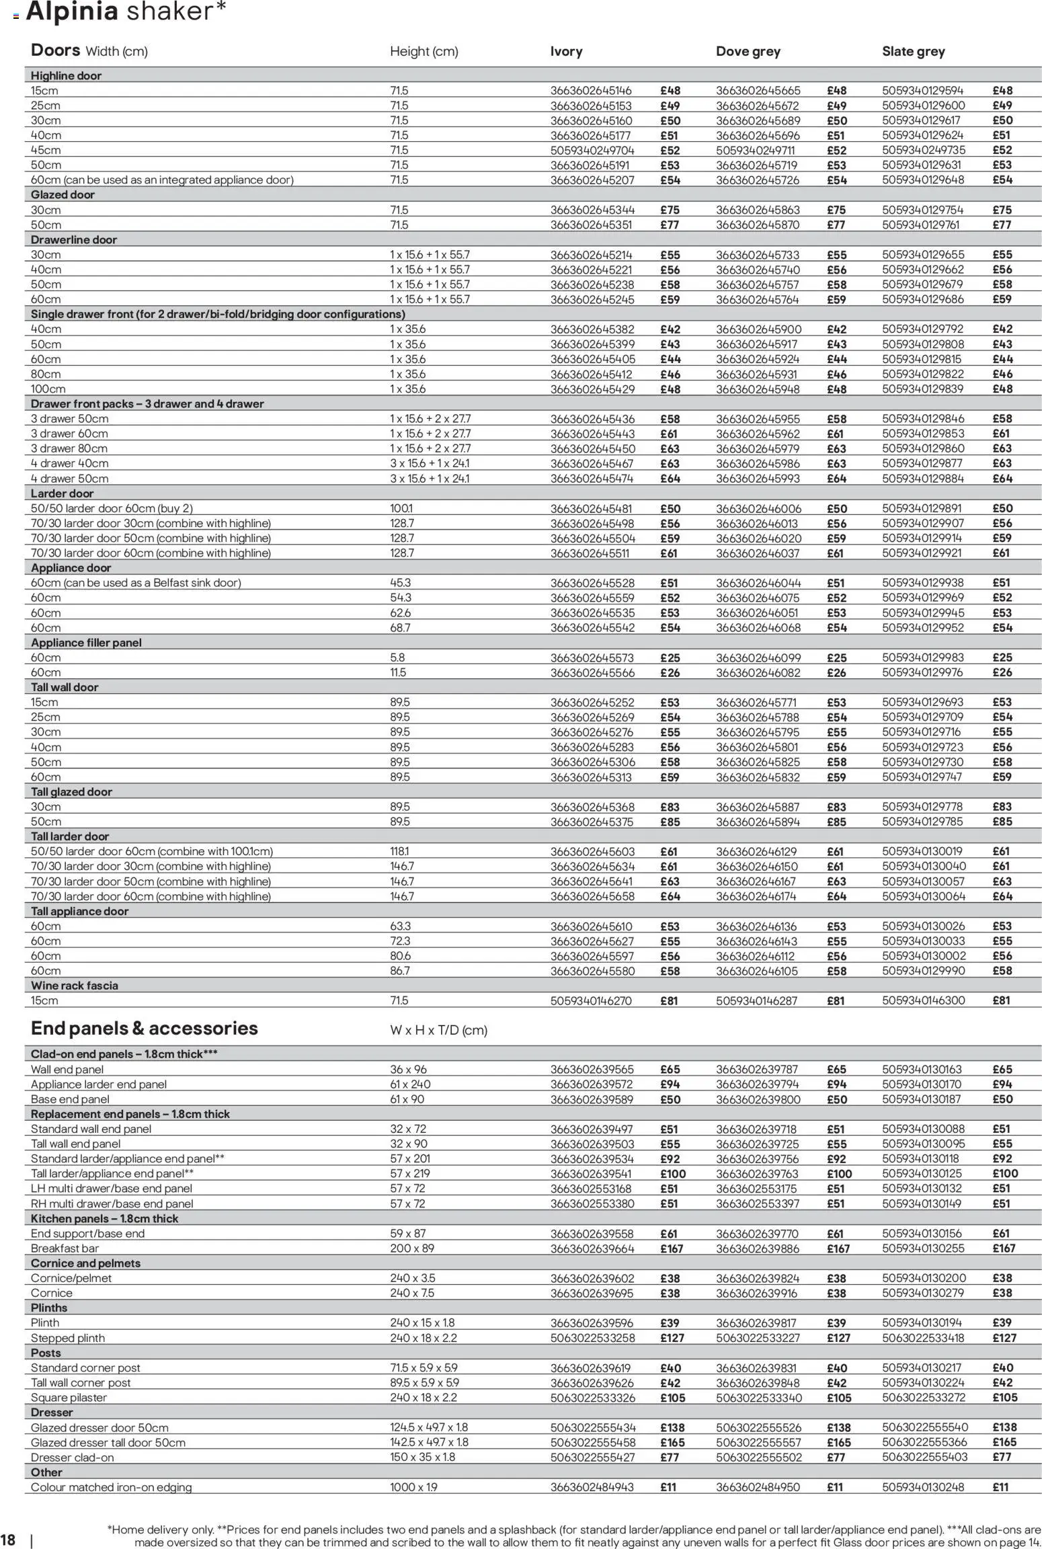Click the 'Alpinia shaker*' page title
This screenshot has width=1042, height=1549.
pos(126,11)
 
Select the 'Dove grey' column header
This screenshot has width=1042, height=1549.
pos(748,52)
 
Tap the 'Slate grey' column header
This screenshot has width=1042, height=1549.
pos(913,52)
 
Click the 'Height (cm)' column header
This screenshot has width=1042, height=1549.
pos(424,52)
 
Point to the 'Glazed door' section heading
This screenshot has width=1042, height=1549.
pos(63,195)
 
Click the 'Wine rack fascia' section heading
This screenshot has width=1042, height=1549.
pos(74,986)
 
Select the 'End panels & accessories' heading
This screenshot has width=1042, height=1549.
pos(144,1029)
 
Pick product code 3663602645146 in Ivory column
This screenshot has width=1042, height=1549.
pos(591,91)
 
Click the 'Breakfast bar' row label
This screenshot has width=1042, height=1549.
pos(65,1248)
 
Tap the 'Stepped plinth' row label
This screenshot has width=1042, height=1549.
pos(67,1338)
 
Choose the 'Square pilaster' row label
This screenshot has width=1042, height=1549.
pos(69,1398)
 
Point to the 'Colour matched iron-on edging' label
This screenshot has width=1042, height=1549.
pos(111,1487)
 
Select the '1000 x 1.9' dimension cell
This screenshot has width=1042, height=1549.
pos(413,1487)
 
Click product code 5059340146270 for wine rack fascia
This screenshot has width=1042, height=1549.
pos(591,1000)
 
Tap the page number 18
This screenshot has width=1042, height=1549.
pos(8,1540)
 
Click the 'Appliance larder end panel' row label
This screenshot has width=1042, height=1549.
pos(98,1084)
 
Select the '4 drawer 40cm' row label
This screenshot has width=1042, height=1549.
pos(69,463)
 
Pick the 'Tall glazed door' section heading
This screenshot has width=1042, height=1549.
pos(71,792)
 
